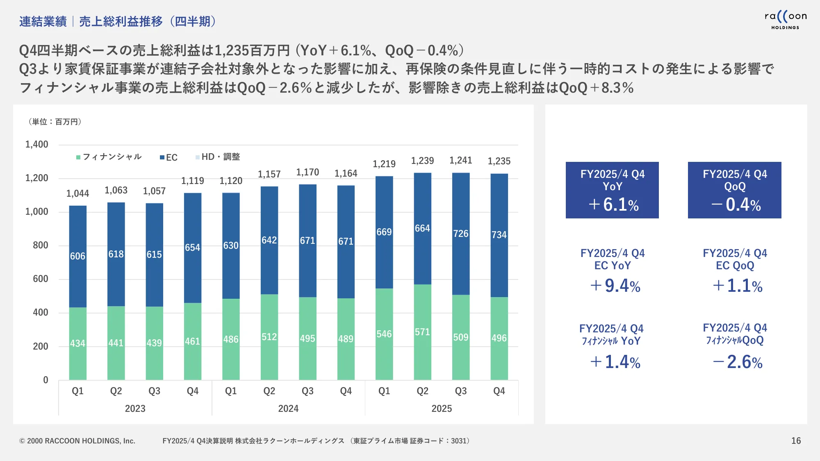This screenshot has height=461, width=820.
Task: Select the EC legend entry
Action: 169,157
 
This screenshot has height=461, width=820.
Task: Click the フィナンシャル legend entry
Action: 109,157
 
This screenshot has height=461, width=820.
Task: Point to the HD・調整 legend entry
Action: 218,157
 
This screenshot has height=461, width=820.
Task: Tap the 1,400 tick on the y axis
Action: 37,145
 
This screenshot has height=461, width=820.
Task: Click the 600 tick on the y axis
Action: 40,279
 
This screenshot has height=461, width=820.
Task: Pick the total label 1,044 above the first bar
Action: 77,193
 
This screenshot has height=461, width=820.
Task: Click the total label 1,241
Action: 460,161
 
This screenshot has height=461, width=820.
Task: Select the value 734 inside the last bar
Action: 499,235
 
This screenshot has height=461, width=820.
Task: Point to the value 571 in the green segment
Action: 422,332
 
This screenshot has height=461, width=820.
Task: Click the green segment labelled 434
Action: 77,343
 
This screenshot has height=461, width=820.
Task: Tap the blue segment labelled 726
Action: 460,234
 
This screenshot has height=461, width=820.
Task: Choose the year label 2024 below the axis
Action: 288,409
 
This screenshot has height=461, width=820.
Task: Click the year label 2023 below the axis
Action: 135,409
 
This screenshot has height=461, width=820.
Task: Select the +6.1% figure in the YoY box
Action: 613,204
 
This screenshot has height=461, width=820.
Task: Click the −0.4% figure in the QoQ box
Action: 736,204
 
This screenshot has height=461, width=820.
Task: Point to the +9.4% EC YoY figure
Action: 615,286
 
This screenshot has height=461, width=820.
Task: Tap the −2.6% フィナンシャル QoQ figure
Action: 738,362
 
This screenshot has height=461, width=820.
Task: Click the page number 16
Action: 796,441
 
